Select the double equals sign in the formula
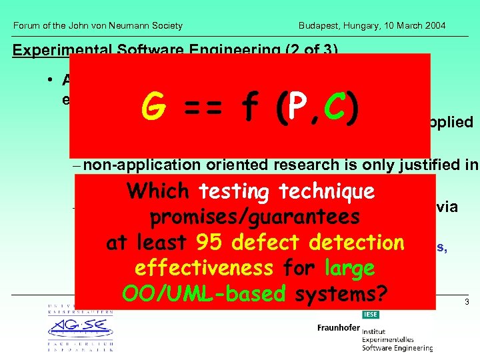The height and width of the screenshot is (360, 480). click(x=203, y=109)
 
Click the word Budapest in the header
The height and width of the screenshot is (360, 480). click(x=320, y=26)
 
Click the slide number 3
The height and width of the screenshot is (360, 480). click(x=467, y=302)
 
